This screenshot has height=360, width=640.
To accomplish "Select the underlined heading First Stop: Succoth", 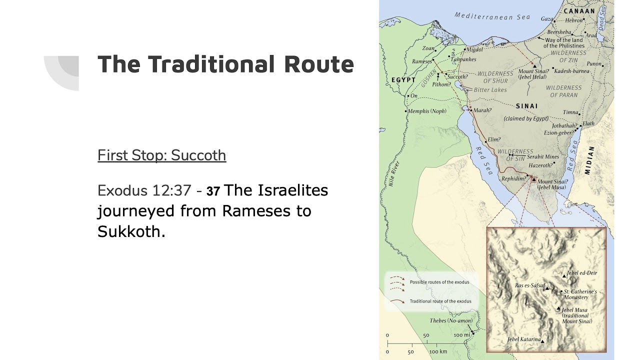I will pos(161,155).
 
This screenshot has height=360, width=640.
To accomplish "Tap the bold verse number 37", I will pos(213,191).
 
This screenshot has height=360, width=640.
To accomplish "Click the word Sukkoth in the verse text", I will pos(131,231).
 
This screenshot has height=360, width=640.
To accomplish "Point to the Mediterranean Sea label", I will pos(492,16).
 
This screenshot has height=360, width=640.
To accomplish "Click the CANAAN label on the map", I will pos(579,10).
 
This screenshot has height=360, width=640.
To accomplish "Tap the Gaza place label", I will pos(546,19).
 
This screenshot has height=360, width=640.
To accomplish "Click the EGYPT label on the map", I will pos(403,79).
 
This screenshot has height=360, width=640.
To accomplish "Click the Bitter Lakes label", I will pos(490,90).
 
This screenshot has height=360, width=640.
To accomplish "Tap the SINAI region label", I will pos(527,106).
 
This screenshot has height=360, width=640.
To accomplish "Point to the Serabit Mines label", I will pos(542,157).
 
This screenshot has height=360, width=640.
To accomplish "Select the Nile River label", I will pos(393,174).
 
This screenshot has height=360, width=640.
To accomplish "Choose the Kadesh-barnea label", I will pos(571,71).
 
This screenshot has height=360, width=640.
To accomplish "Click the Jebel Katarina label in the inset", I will pos(523,339).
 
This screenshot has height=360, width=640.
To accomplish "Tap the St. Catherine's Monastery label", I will pos(580,294).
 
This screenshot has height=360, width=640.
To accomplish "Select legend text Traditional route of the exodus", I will pos(440,301).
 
